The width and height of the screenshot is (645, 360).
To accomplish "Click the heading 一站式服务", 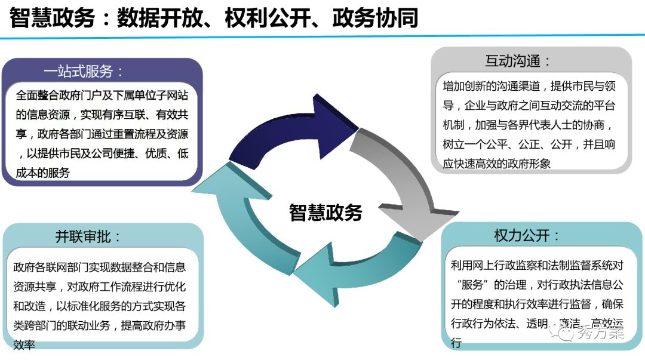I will [x=84, y=72].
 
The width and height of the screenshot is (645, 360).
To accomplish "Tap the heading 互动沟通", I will [x=517, y=61].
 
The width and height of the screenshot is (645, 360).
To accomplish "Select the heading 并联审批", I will [x=88, y=236].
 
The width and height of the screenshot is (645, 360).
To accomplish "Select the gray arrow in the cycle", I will [x=400, y=179].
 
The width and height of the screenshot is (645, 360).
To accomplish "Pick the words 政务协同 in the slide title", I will [x=376, y=19].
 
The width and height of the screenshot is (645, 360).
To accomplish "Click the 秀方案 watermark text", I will [x=601, y=333].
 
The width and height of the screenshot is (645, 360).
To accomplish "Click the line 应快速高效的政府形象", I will [x=496, y=164].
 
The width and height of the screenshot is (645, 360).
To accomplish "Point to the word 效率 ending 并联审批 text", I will [x=24, y=346].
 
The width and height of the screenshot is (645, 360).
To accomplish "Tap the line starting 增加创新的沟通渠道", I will [x=529, y=86].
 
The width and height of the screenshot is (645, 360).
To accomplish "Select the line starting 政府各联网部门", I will [x=99, y=267].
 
